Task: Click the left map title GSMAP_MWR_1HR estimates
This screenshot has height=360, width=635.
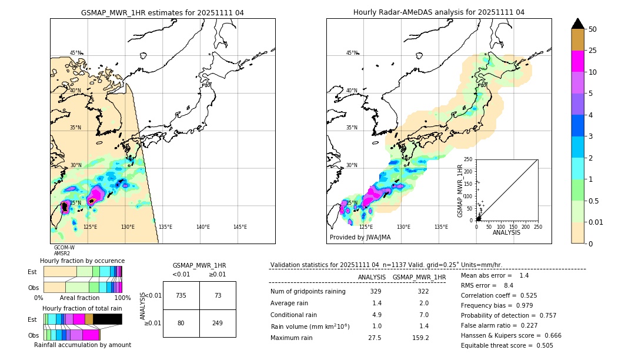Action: pyautogui.click(x=162, y=12)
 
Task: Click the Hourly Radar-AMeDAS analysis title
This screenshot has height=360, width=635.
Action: pyautogui.click(x=439, y=12)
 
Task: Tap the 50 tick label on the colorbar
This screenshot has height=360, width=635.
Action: pyautogui.click(x=593, y=29)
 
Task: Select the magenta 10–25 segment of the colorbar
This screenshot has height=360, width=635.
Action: pyautogui.click(x=577, y=61)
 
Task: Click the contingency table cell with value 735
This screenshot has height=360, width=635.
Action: pyautogui.click(x=181, y=295)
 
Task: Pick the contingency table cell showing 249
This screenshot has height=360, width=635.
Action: pyautogui.click(x=218, y=322)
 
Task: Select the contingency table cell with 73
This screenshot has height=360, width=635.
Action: pyautogui.click(x=218, y=295)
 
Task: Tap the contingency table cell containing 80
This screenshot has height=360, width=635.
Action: pyautogui.click(x=181, y=322)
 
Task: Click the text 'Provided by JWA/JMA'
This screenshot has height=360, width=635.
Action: pyautogui.click(x=360, y=238)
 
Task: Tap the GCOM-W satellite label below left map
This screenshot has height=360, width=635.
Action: pyautogui.click(x=64, y=248)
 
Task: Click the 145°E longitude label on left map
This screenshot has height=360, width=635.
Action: pyautogui.click(x=240, y=227)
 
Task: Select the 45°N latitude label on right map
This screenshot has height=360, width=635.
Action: pyautogui.click(x=352, y=53)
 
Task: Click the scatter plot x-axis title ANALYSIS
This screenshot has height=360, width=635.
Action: pyautogui.click(x=506, y=233)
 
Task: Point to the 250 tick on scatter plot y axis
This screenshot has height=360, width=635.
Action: pyautogui.click(x=469, y=159)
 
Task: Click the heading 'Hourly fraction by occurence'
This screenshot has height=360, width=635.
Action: pyautogui.click(x=82, y=261)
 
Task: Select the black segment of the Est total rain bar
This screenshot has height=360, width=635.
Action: pyautogui.click(x=107, y=319)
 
